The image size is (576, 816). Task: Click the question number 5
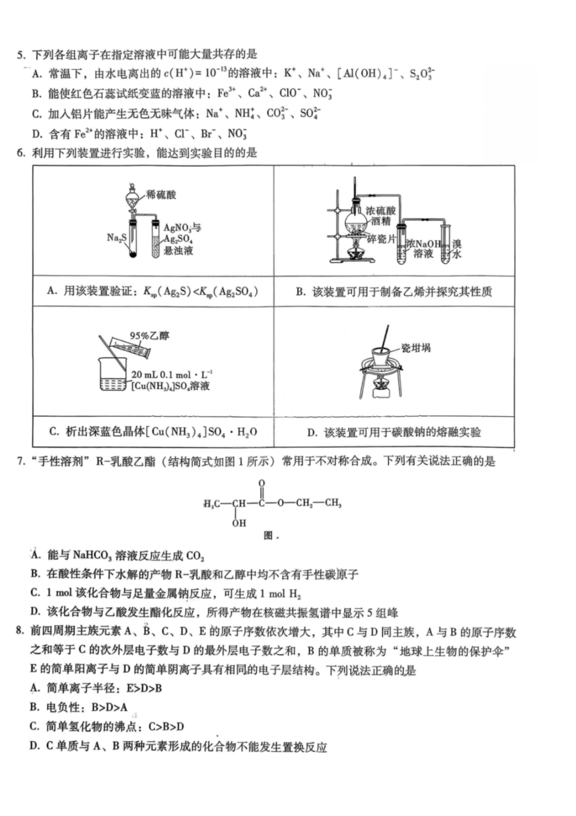click(20, 56)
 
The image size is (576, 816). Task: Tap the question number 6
click(20, 153)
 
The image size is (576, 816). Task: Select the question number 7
click(20, 461)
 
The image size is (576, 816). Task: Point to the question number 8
click(20, 632)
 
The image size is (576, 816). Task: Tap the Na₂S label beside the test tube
click(116, 237)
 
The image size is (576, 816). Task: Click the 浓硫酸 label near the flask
click(381, 211)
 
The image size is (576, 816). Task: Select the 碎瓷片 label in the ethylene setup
click(381, 239)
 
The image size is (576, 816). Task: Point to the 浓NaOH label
click(424, 244)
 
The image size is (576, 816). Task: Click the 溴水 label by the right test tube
click(457, 249)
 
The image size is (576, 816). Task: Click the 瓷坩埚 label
click(416, 348)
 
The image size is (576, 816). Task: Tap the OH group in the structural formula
click(239, 523)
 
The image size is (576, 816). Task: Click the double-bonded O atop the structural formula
click(261, 484)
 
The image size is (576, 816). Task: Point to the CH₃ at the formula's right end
click(333, 503)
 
